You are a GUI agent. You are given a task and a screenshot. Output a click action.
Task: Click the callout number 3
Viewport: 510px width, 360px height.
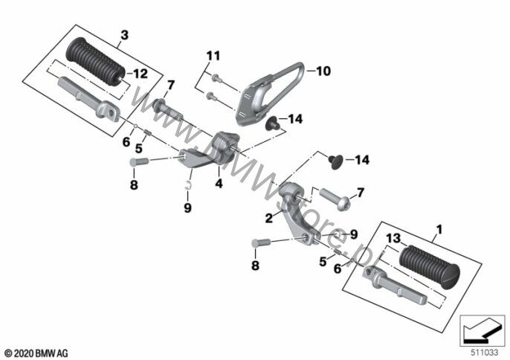tap(124, 34)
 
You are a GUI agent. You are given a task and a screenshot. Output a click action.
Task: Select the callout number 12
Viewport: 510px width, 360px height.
tap(141, 72)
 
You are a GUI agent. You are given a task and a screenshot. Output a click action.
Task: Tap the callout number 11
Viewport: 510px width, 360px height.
tap(214, 57)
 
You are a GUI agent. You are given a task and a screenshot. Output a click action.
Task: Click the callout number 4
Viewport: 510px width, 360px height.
tap(219, 182)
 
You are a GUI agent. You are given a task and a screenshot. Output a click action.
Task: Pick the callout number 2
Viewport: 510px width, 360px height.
tap(268, 218)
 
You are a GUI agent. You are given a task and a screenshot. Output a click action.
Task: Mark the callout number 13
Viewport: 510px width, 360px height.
tap(394, 237)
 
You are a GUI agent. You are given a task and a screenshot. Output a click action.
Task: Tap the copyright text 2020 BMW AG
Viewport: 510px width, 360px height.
tap(36, 351)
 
